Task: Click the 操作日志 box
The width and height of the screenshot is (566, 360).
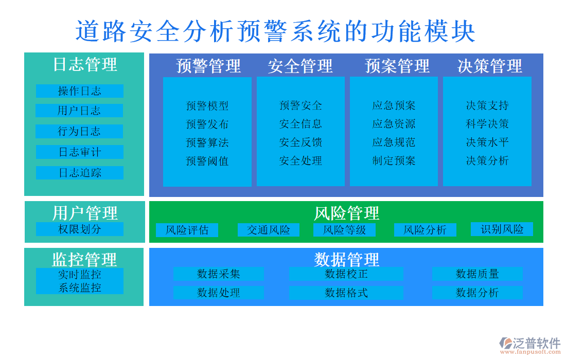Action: click(80, 91)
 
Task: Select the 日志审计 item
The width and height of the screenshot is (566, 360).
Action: click(80, 152)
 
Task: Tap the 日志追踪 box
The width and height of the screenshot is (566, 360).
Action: click(80, 173)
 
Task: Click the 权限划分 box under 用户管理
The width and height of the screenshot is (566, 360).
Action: click(80, 229)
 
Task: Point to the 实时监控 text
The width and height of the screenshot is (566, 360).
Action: click(80, 275)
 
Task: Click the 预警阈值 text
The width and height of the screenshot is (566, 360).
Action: click(207, 161)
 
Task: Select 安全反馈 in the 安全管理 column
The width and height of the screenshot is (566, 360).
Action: click(300, 142)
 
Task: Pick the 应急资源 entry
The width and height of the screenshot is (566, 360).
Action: click(394, 124)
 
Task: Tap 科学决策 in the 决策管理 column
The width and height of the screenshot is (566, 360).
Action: click(487, 124)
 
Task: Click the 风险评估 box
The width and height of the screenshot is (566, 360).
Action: click(187, 230)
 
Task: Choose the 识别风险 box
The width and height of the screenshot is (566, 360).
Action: click(502, 229)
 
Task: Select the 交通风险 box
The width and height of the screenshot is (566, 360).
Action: click(268, 230)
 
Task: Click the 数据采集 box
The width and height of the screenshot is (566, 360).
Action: click(219, 274)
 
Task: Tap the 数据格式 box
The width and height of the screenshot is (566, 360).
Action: click(346, 293)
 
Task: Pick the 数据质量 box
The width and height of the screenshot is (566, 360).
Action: click(477, 274)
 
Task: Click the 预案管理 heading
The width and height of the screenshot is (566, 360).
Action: click(397, 66)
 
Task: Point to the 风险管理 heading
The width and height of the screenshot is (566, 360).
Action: click(346, 213)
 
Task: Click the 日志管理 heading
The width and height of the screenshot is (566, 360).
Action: click(85, 64)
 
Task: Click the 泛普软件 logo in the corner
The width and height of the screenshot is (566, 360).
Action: click(530, 344)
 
